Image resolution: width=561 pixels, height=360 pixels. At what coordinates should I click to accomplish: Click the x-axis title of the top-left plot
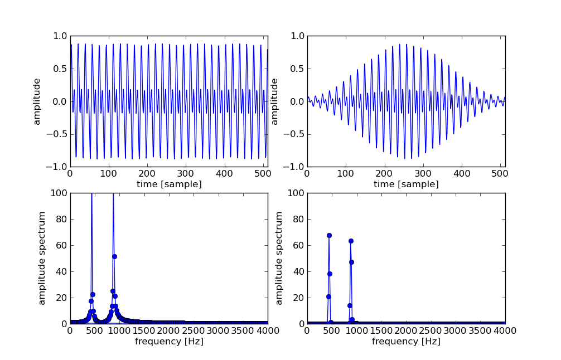pyautogui.click(x=168, y=184)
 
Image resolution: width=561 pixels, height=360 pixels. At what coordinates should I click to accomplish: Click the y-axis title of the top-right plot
pyautogui.click(x=274, y=101)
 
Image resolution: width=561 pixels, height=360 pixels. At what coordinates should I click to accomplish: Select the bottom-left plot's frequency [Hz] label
pyautogui.click(x=168, y=342)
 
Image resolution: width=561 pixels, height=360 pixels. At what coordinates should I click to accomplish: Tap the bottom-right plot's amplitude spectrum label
pyautogui.click(x=279, y=258)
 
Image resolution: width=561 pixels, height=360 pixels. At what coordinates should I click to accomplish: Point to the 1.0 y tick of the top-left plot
pyautogui.click(x=60, y=36)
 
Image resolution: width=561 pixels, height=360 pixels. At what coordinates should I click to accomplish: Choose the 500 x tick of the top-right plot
pyautogui.click(x=501, y=174)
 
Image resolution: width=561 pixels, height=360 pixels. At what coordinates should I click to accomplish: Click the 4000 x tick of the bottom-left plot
pyautogui.click(x=268, y=330)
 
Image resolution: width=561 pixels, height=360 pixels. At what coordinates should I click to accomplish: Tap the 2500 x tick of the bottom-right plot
pyautogui.click(x=431, y=330)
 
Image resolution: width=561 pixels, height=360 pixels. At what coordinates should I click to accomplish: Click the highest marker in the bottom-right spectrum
pyautogui.click(x=329, y=235)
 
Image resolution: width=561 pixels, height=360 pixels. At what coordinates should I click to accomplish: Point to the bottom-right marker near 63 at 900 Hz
pyautogui.click(x=351, y=241)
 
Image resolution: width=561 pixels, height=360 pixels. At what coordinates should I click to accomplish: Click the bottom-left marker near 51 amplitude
pyautogui.click(x=114, y=256)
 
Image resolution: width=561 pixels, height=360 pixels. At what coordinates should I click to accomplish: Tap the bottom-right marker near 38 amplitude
pyautogui.click(x=330, y=274)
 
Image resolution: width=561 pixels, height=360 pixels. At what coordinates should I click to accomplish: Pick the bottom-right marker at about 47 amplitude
pyautogui.click(x=351, y=262)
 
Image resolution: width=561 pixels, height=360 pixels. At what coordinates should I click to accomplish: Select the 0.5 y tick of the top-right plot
pyautogui.click(x=297, y=69)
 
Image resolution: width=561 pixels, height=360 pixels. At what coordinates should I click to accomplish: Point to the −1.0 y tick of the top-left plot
pyautogui.click(x=57, y=167)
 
